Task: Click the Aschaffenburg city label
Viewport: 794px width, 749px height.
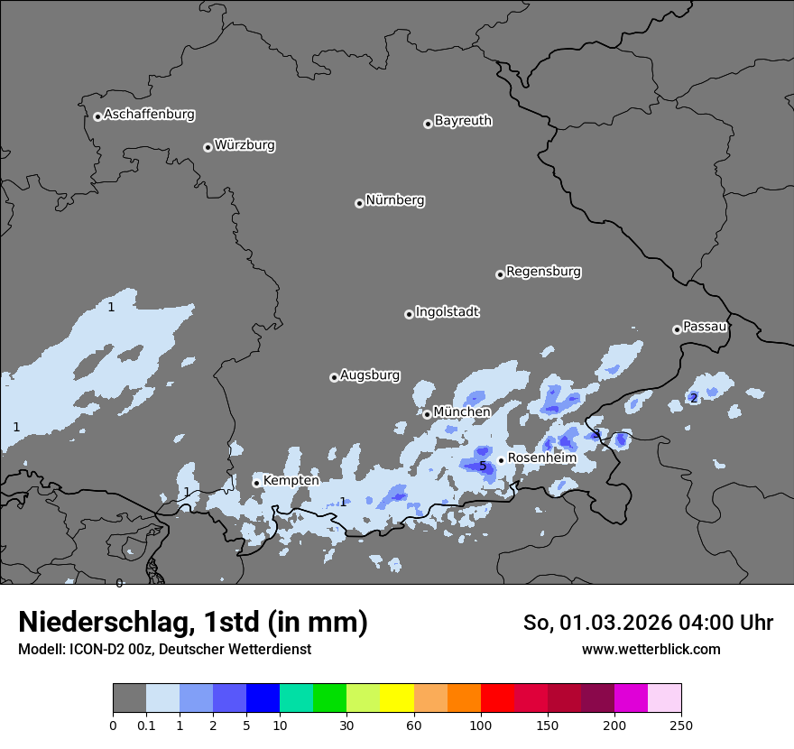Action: coord(149,115)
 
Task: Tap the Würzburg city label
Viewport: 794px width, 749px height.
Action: coord(245,145)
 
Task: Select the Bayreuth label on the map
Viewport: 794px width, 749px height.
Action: coord(463,121)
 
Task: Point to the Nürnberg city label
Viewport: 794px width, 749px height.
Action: coord(394,200)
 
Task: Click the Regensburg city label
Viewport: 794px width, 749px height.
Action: coord(543,272)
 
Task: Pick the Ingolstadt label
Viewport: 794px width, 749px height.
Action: coord(447,312)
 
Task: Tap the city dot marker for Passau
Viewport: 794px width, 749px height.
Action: coord(677,329)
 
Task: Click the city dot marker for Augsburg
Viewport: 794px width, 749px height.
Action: coord(334,377)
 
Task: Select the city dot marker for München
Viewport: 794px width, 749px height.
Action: coord(427,414)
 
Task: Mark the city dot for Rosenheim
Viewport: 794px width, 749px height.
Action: coord(501,460)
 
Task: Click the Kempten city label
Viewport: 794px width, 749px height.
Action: coord(291,481)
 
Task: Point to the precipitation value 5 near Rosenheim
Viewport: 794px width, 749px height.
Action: coord(483,467)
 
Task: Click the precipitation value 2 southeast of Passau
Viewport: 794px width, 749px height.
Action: coord(693,398)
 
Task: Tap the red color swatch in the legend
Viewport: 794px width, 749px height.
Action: coord(496,698)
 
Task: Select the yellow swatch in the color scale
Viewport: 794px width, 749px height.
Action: coord(397,698)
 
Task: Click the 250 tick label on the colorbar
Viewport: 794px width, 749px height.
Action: coord(681,725)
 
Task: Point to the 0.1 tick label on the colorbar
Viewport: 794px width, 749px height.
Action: coord(145,725)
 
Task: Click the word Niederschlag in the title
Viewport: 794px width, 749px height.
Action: coord(104,622)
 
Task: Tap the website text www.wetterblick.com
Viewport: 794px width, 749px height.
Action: coord(651,650)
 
